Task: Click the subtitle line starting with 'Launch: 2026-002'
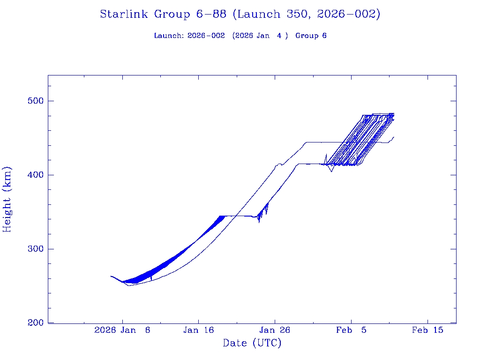(240, 36)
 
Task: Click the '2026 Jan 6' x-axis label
(122, 330)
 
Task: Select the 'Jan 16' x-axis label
(198, 330)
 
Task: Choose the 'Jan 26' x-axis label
(275, 330)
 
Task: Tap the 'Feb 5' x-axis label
(351, 330)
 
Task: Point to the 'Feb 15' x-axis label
(427, 330)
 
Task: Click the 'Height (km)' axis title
(7, 199)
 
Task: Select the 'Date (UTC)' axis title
(252, 344)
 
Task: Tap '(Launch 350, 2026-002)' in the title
(306, 14)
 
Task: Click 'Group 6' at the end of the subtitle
(311, 36)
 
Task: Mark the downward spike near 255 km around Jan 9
(151, 280)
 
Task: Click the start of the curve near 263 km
(111, 276)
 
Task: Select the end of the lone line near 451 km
(394, 137)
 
